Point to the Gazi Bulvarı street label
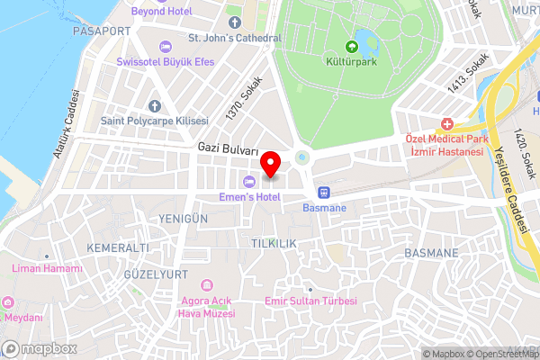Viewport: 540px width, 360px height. (229, 148)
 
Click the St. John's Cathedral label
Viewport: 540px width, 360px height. (235, 38)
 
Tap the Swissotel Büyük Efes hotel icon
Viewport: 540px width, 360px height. (163, 46)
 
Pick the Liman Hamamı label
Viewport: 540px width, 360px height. (47, 268)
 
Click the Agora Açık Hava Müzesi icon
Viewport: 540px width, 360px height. (208, 284)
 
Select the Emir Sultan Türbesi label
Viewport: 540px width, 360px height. (311, 301)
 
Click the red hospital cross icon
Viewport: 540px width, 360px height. (446, 123)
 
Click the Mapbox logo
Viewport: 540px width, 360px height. (40, 348)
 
